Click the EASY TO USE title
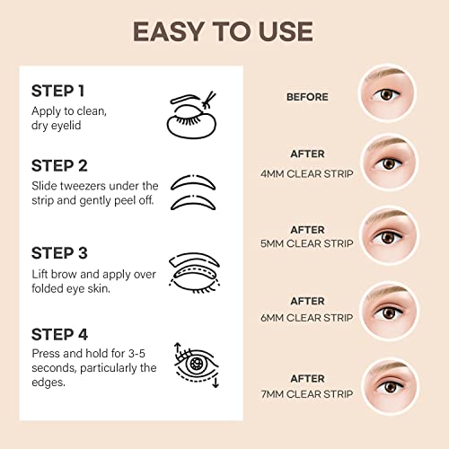[x=223, y=31]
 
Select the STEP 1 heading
[x=57, y=91]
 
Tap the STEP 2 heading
[x=59, y=166]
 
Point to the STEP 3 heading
[x=59, y=253]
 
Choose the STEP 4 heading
[x=59, y=334]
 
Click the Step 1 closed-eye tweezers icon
[x=191, y=115]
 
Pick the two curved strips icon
[x=193, y=192]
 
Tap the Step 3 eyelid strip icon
[x=194, y=273]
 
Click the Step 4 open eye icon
[x=197, y=365]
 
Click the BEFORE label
[x=307, y=97]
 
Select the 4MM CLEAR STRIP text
[x=307, y=173]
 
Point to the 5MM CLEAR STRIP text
[x=307, y=243]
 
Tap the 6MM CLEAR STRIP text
[x=307, y=318]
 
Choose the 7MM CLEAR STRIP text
[x=307, y=394]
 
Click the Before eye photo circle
[x=388, y=92]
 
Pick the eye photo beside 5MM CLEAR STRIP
[x=389, y=235]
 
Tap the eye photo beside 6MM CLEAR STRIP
[x=389, y=312]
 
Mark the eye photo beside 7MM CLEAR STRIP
[x=390, y=387]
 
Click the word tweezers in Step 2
[x=80, y=186]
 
